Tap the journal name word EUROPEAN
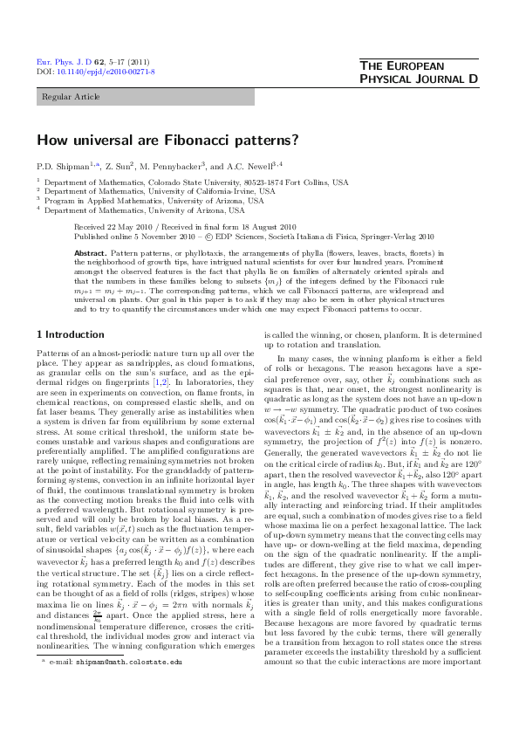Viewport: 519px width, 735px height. click(x=440, y=66)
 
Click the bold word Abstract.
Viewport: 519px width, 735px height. click(x=91, y=251)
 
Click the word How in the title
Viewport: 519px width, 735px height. click(x=50, y=139)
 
